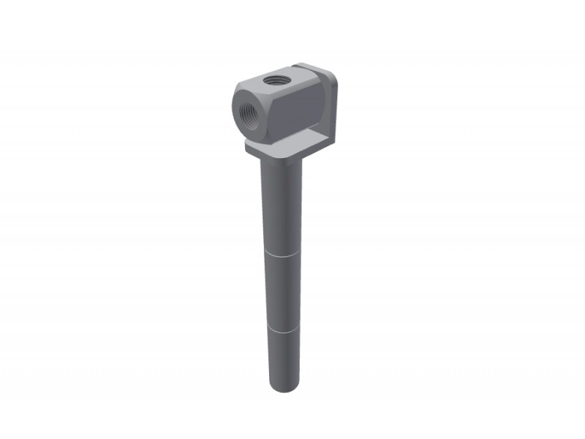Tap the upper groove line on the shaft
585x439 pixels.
[281, 253]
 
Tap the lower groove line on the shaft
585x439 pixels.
[282, 329]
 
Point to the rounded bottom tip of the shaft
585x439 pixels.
[282, 389]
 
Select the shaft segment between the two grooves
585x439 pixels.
[282, 291]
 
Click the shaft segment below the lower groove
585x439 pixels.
[282, 359]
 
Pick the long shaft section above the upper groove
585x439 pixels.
[281, 205]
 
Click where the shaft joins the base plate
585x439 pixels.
[280, 162]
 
